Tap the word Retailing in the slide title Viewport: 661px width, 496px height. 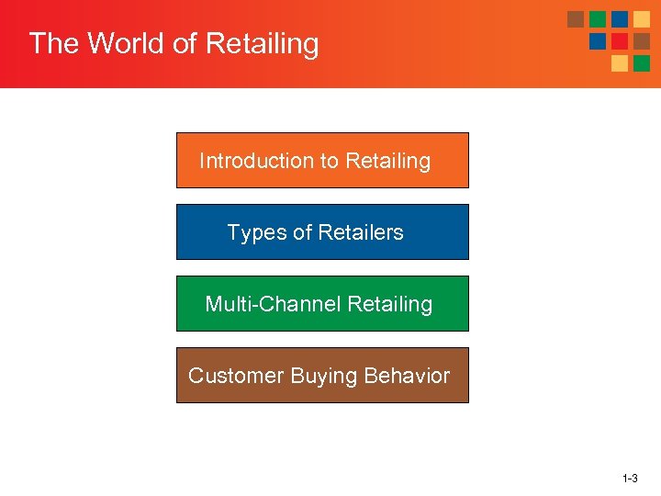[263, 44]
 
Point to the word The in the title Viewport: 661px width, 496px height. [50, 44]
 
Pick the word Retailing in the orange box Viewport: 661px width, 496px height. [387, 161]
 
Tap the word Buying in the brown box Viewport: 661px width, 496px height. [324, 376]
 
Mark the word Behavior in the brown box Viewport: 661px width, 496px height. [407, 376]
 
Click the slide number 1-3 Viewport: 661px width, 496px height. [630, 479]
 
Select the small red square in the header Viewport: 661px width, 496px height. [620, 41]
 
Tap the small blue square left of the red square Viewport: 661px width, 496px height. [598, 41]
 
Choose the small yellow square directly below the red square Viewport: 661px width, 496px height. [620, 63]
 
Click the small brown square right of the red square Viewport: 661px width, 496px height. [642, 41]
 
